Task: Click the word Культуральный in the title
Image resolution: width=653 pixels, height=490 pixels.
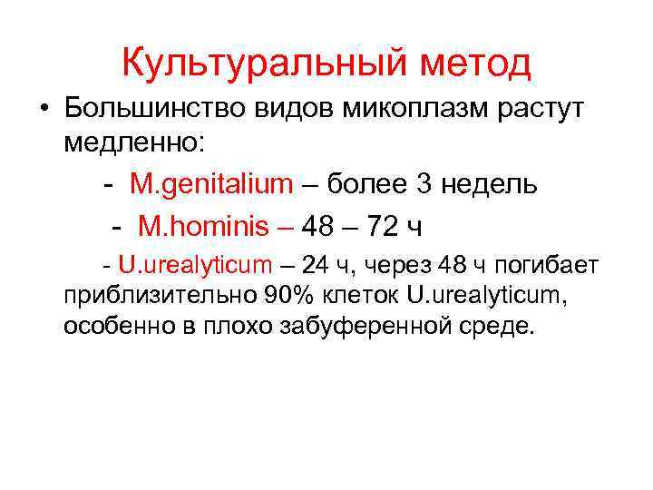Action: pyautogui.click(x=241, y=63)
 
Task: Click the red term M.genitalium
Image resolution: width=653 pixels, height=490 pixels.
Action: pyautogui.click(x=211, y=184)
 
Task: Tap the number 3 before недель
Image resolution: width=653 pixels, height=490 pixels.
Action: pyautogui.click(x=425, y=184)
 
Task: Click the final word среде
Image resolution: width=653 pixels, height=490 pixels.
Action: pyautogui.click(x=499, y=326)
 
